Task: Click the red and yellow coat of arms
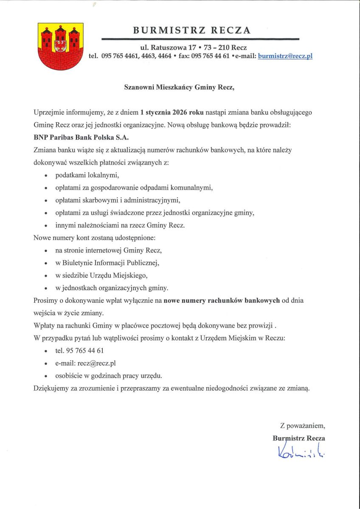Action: (x=59, y=46)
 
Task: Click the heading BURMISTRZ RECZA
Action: (x=192, y=31)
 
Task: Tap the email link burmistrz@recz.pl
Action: (x=285, y=56)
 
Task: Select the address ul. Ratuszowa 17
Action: (x=168, y=48)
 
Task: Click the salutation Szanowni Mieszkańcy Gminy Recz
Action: (x=179, y=88)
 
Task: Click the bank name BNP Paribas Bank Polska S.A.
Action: (x=81, y=137)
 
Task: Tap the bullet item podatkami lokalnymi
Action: (x=87, y=175)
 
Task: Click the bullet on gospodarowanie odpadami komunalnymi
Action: (x=134, y=187)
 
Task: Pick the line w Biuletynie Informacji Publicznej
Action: (x=107, y=263)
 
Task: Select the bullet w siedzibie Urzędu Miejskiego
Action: (x=101, y=275)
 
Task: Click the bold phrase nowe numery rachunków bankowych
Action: (x=222, y=300)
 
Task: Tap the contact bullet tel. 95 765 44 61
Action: (x=79, y=351)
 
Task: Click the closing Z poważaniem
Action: (x=302, y=425)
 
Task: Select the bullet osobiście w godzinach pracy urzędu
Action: (x=109, y=375)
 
